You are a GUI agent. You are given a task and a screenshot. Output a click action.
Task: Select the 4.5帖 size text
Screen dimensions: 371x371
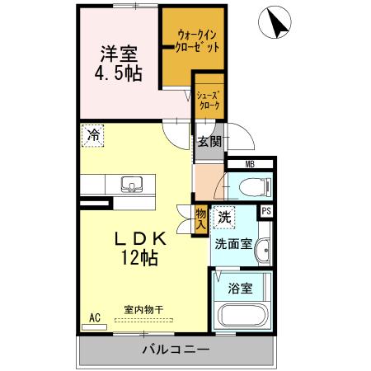(x=120, y=73)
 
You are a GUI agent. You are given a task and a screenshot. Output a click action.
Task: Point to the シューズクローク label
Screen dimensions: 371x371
(x=209, y=100)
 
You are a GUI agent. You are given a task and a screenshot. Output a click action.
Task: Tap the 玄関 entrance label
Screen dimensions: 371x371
(x=209, y=140)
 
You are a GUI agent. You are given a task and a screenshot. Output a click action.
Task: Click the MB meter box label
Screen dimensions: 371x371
(x=251, y=164)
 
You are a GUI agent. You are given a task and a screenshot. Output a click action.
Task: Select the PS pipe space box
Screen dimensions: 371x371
(x=266, y=211)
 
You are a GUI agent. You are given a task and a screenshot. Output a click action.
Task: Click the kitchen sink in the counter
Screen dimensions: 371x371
(x=132, y=183)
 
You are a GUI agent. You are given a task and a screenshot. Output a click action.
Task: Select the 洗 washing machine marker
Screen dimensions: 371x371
(x=223, y=218)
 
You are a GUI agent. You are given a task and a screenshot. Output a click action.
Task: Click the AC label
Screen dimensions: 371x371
(x=94, y=317)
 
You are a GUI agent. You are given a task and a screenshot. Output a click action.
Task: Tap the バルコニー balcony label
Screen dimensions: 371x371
(x=176, y=348)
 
